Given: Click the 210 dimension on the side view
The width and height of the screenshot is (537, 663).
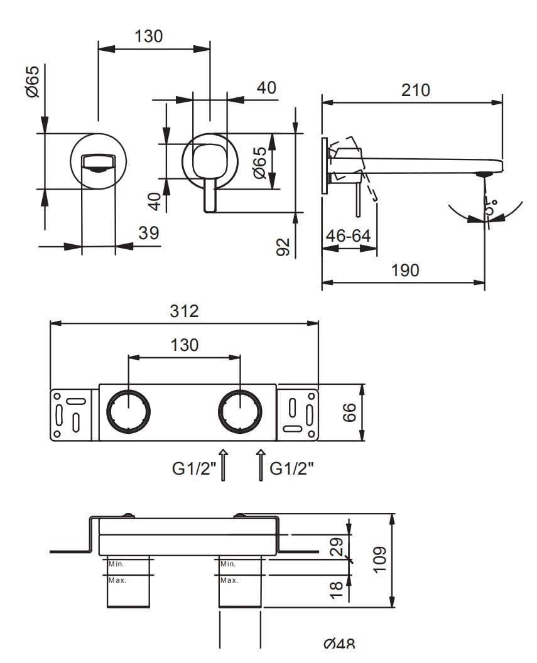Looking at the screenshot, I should [416, 90].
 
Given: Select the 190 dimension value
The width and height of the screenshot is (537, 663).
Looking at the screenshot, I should [404, 271].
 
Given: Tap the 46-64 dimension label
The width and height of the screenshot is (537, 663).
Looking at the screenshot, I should [349, 236].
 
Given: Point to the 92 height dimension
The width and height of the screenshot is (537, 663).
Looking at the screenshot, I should [283, 246].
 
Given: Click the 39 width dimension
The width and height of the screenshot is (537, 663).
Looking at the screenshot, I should [148, 233].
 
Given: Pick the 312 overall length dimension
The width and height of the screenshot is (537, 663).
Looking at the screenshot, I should [185, 311].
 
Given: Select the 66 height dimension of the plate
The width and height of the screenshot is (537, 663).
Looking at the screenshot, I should [349, 412].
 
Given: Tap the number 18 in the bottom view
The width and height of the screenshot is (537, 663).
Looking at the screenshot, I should [337, 588].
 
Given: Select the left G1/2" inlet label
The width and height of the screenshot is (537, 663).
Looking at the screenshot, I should [194, 469].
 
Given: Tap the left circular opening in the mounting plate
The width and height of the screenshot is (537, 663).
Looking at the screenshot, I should [128, 412].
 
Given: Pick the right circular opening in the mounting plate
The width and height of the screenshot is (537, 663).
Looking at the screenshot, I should [240, 412].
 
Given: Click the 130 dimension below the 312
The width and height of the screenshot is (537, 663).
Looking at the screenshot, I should [185, 345].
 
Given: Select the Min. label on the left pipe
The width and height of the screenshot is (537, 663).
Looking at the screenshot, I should [116, 564].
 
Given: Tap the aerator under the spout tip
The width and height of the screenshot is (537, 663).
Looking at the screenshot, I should [484, 174].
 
